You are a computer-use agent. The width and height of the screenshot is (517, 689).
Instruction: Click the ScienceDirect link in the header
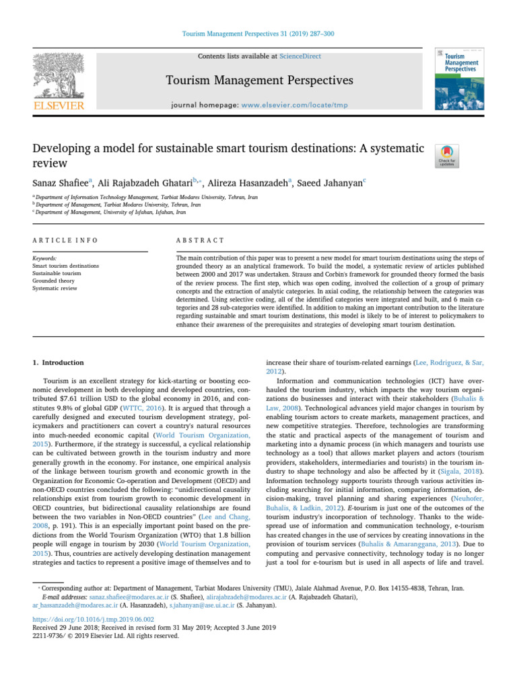[302, 57]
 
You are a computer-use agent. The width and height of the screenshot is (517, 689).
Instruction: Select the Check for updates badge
[448, 155]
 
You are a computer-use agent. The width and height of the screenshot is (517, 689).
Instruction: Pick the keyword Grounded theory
[55, 281]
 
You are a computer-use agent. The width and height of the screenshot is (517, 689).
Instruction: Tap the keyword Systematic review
[57, 288]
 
